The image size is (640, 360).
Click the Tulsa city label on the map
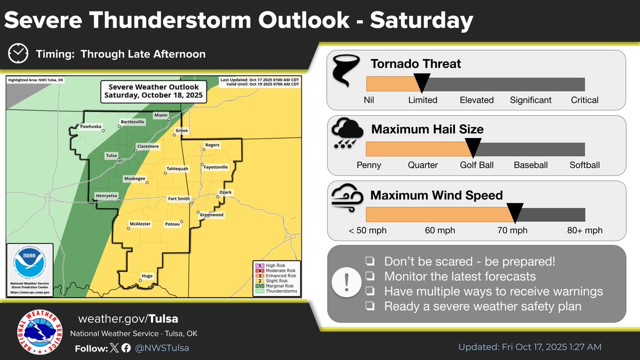coord(111,156)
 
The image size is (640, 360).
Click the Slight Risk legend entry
coord(275,281)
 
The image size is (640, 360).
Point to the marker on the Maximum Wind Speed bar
coord(515,213)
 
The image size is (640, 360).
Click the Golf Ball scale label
coord(477,165)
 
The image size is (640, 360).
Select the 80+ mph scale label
coord(585,230)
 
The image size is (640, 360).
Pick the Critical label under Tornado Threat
coord(585,100)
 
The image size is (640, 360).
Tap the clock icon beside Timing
coord(18,54)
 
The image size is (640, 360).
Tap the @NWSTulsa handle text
coord(162,348)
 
